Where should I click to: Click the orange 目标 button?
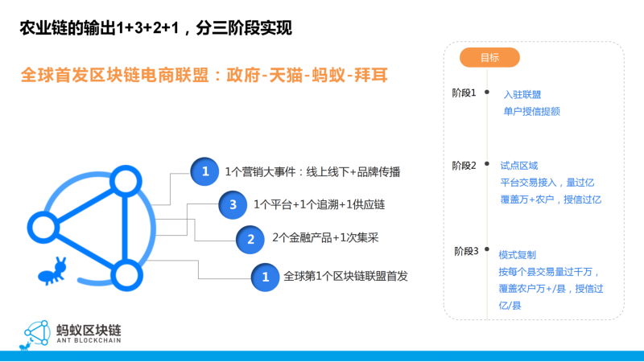point(489,57)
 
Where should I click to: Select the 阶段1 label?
point(464,93)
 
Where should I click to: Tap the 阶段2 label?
point(464,166)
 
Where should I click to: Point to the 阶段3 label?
point(466,251)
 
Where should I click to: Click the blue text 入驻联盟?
point(522,94)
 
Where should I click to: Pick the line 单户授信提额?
point(531,111)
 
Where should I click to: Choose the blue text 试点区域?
point(518,166)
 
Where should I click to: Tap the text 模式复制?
point(517,255)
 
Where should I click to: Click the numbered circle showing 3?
point(233,204)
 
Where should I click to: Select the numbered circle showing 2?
point(250,239)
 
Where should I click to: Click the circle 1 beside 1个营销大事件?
point(204,171)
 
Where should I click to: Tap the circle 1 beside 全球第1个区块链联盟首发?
point(266,277)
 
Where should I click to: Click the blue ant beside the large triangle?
point(52,271)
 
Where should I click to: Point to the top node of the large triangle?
point(126,181)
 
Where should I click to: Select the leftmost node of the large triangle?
point(43,227)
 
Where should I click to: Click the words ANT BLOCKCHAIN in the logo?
point(89,340)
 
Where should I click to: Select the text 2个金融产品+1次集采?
point(325,237)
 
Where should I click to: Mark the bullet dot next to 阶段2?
point(487,163)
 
